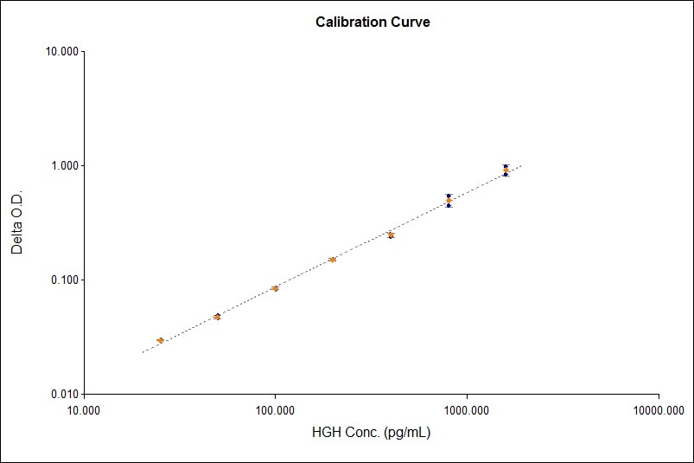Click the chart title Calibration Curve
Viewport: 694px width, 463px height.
[x=372, y=23]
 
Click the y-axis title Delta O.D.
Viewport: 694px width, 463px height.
[x=17, y=222]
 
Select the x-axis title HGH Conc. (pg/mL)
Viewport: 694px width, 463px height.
[x=371, y=432]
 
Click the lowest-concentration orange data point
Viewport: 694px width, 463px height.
[x=160, y=341]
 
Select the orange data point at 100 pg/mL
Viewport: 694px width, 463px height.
[x=275, y=288]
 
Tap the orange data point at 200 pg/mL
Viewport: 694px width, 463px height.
[x=333, y=260]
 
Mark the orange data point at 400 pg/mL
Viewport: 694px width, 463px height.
[x=391, y=235]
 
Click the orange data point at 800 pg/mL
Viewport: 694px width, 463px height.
[x=449, y=200]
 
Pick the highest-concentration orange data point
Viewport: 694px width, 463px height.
[x=506, y=170]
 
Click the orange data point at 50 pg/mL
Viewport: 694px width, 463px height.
[x=217, y=317]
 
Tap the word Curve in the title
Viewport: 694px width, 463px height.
[x=411, y=23]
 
